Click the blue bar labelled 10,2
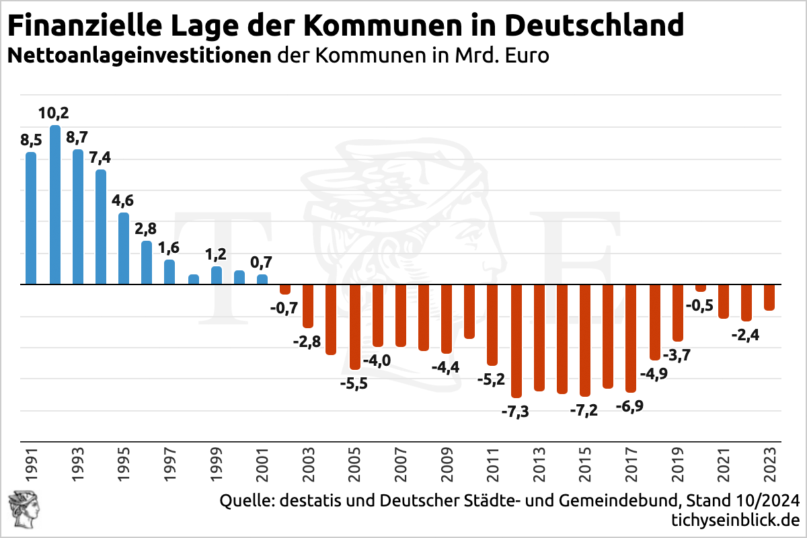tap(55, 205)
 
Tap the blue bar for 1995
tap(124, 249)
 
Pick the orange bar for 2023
tap(769, 297)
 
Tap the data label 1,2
tap(217, 255)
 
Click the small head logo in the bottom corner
tap(20, 510)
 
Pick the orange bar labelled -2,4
tap(746, 303)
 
